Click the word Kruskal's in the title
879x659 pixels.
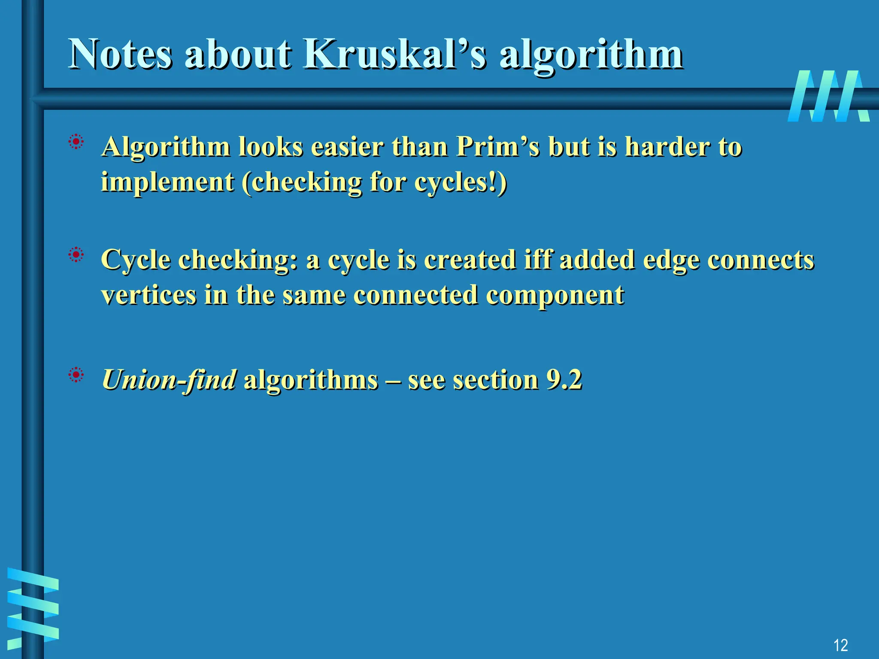395,54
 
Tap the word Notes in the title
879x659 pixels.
120,54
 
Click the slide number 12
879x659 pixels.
840,645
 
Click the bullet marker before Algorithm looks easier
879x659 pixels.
76,142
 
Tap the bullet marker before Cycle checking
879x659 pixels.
76,255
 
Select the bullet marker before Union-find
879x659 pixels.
76,375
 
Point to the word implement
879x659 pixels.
167,182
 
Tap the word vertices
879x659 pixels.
148,295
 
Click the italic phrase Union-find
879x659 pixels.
169,380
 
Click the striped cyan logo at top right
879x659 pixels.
828,96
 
